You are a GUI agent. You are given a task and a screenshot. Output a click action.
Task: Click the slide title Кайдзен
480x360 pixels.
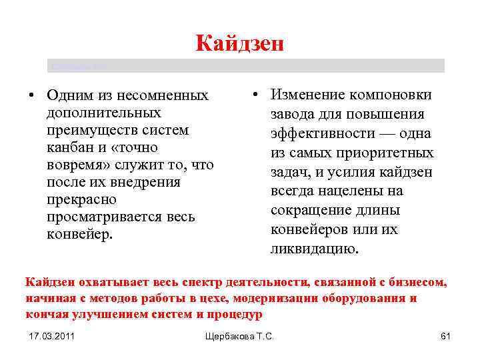coord(240,43)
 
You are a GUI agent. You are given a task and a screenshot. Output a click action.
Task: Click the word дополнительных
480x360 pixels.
coord(103,113)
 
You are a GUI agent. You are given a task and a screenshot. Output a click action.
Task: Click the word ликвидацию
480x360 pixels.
coord(314,249)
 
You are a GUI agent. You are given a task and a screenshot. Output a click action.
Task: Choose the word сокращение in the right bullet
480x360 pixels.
coord(314,211)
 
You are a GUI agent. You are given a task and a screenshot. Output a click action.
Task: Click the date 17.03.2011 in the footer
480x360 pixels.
coord(52,337)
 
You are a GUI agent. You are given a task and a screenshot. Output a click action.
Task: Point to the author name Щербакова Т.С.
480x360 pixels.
coord(240,337)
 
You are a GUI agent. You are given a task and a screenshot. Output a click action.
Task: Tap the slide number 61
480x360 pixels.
coord(445,337)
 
